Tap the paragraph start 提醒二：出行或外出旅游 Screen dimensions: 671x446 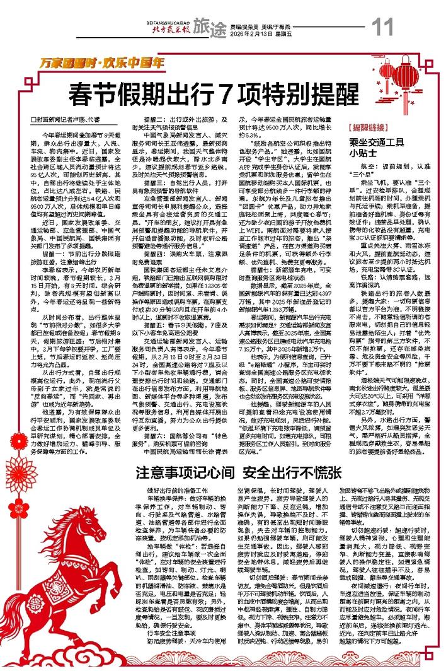[x=175, y=119]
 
